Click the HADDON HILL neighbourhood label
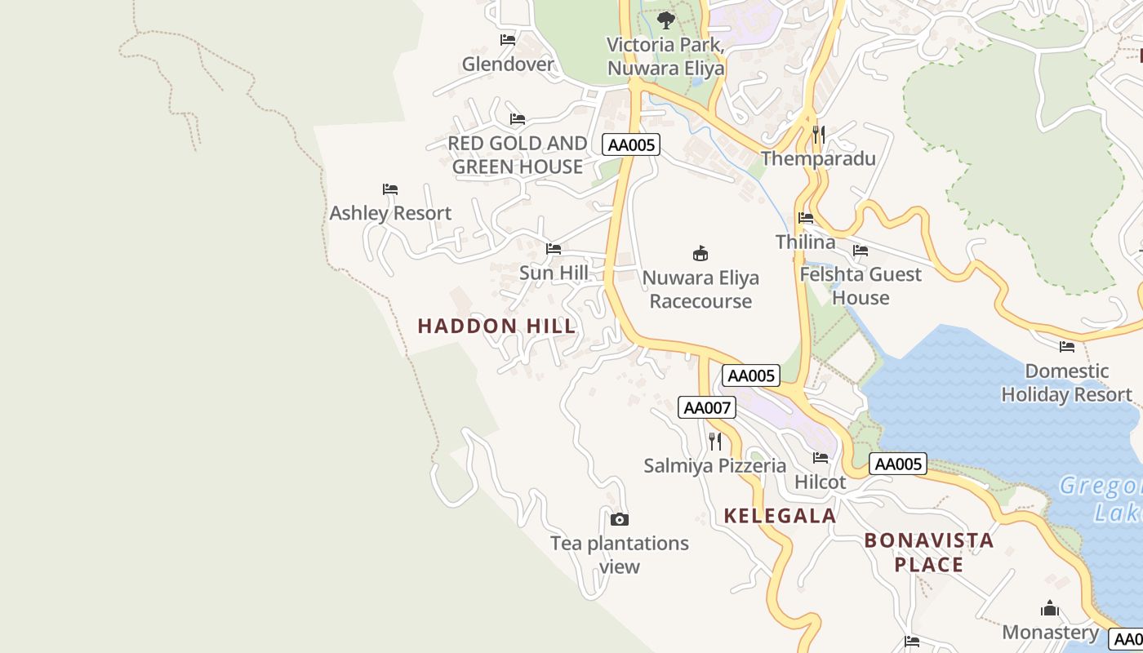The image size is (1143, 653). [x=496, y=326]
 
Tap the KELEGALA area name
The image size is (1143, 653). [x=780, y=515]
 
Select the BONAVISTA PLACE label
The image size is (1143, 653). [x=928, y=552]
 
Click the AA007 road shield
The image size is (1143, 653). [x=706, y=407]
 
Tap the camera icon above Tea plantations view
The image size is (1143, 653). [x=620, y=519]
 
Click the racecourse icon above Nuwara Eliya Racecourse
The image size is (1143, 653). [x=700, y=253]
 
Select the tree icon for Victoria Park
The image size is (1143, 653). [x=665, y=20]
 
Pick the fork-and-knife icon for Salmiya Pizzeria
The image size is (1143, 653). [x=715, y=442]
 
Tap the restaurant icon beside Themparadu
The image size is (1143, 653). [x=819, y=135]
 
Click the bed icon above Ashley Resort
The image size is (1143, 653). [x=390, y=189]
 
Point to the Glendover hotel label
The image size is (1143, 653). [x=507, y=64]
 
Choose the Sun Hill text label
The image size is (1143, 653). [x=554, y=273]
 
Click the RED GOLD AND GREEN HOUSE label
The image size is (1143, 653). [x=517, y=155]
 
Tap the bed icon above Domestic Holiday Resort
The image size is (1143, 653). [x=1066, y=347]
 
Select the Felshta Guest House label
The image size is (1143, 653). [x=860, y=286]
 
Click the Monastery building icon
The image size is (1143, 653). [x=1050, y=609]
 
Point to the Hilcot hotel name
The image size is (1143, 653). [x=820, y=482]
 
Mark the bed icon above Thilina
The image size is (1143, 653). [x=806, y=218]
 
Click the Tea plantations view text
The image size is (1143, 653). [x=619, y=554]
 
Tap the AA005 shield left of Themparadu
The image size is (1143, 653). [x=630, y=144]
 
